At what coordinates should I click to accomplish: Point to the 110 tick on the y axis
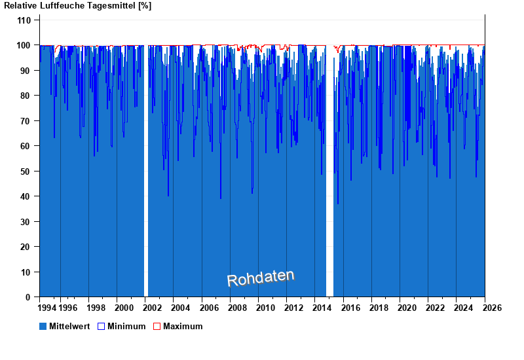(24, 20)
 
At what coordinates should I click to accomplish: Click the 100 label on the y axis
(24, 45)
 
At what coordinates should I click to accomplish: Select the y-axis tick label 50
(26, 171)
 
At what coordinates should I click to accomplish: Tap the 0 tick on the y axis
(28, 297)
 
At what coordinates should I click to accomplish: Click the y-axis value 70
(26, 121)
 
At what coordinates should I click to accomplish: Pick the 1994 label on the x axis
(47, 308)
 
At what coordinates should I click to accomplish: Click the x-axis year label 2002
(153, 308)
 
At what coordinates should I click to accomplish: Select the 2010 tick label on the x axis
(265, 308)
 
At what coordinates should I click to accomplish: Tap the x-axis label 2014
(322, 308)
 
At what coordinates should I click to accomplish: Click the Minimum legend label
(126, 326)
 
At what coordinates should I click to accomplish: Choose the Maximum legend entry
(183, 326)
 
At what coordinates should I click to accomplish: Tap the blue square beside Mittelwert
(43, 326)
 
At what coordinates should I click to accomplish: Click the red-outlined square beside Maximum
(157, 326)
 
